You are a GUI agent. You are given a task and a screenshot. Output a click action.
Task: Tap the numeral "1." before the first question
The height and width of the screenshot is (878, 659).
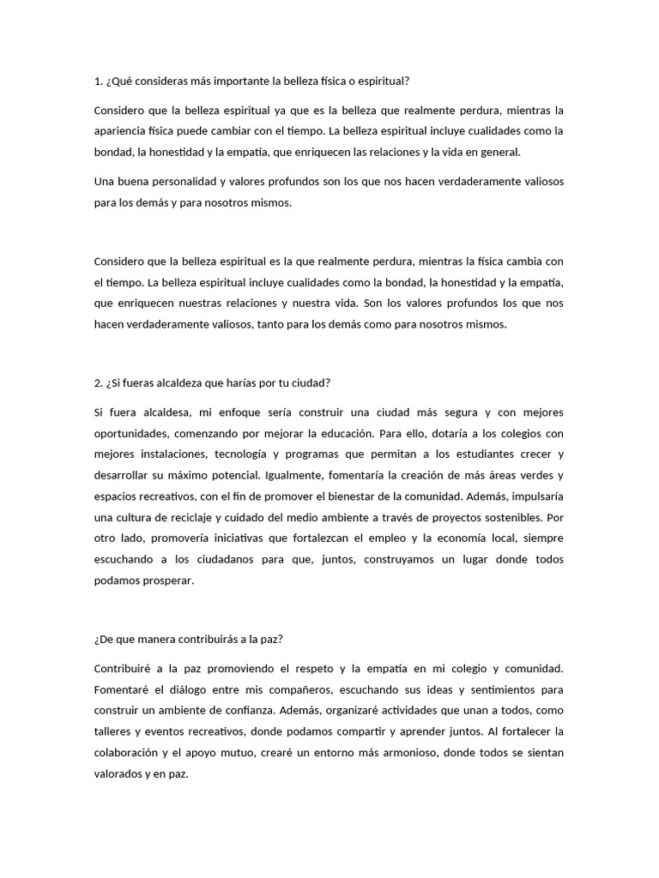[98, 81]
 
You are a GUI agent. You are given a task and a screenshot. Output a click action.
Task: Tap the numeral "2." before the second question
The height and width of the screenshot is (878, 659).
[98, 382]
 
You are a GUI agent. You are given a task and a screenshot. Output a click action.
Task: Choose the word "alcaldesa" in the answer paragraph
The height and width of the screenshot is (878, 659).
[170, 412]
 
